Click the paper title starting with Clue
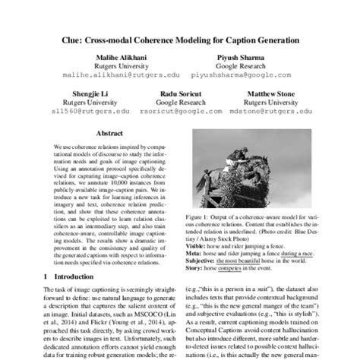(x=180, y=38)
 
